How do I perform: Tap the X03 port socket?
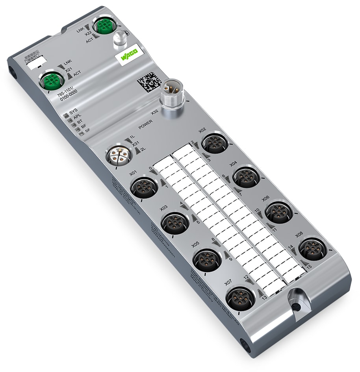pos(175,223)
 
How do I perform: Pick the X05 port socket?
pos(207,259)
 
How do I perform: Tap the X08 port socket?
pos(312,248)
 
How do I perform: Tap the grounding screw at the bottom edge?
pos(296,304)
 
